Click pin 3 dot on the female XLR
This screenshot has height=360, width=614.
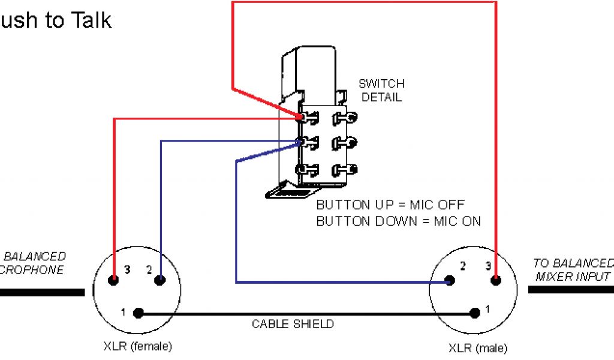point(113,280)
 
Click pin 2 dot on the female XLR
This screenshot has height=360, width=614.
point(159,280)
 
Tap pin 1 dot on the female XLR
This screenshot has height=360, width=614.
point(139,313)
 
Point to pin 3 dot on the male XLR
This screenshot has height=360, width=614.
point(496,280)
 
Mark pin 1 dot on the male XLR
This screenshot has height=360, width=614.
point(475,313)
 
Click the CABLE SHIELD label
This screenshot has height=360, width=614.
point(293,324)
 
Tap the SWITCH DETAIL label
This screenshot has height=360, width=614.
point(381,90)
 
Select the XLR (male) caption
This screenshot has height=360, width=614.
point(477,348)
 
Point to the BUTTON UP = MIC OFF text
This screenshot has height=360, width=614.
point(390,205)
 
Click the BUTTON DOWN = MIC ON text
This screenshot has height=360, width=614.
point(399,221)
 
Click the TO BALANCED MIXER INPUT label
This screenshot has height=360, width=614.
point(573,269)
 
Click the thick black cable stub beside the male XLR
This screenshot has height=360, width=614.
point(570,289)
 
